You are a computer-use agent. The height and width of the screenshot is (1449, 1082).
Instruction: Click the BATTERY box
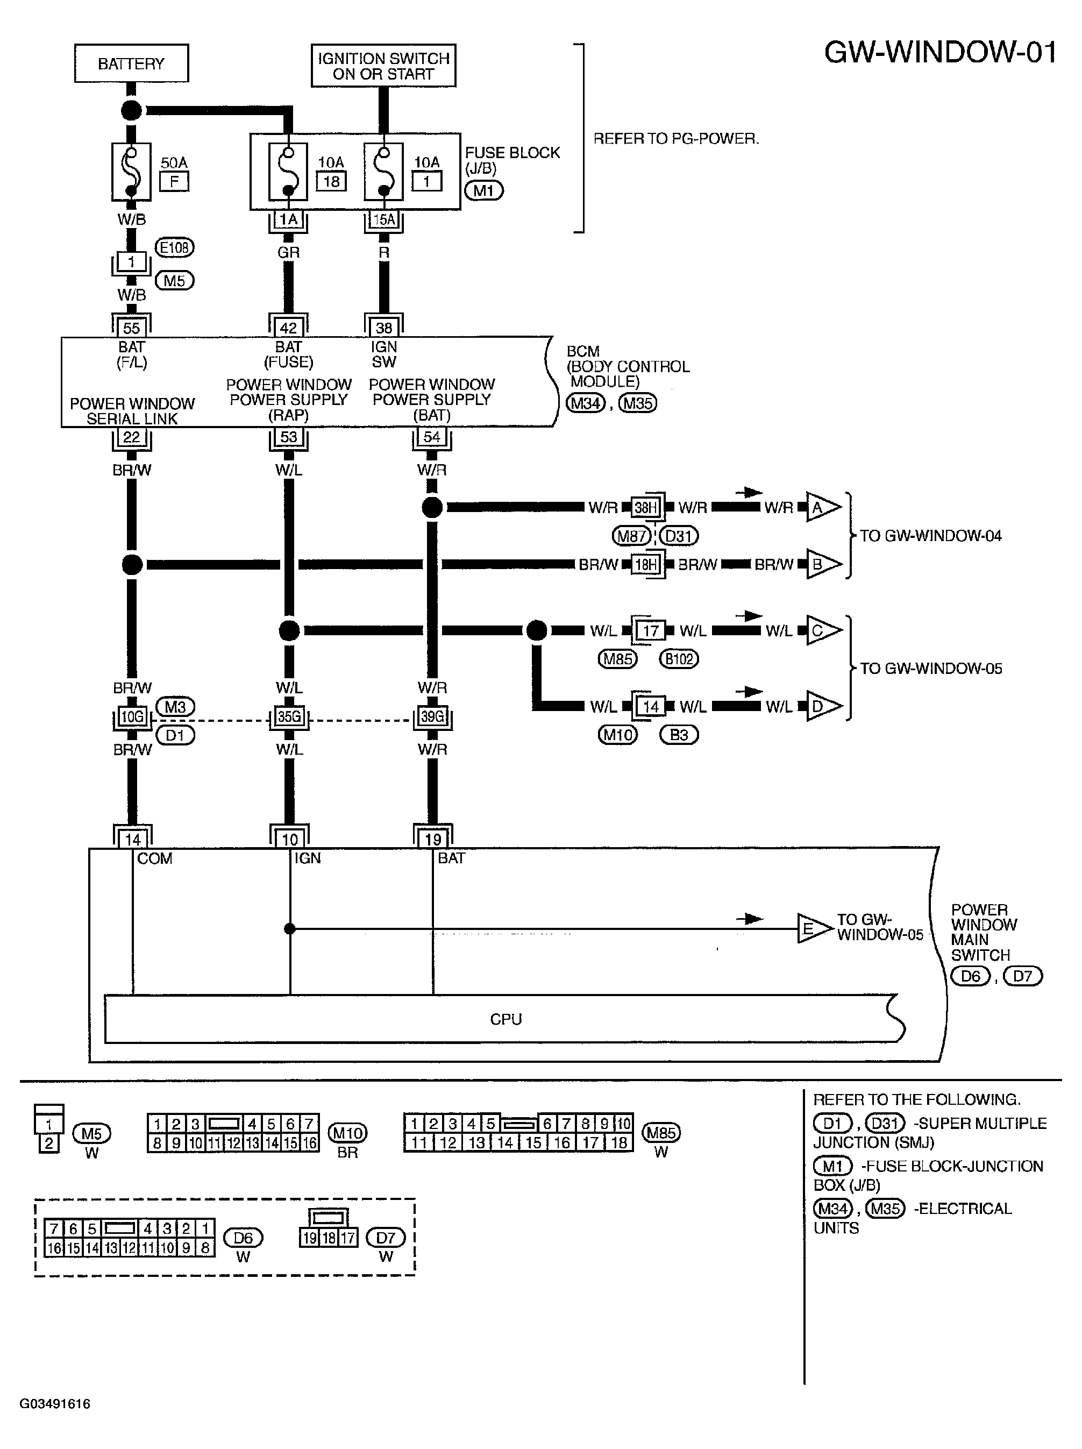[131, 63]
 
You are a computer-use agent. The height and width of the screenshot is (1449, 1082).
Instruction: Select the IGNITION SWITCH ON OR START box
[383, 66]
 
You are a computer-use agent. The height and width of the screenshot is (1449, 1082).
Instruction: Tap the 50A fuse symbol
[132, 172]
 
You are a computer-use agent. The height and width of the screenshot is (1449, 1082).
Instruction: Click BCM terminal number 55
[132, 328]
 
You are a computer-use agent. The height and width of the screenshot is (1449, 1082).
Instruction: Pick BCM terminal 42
[288, 328]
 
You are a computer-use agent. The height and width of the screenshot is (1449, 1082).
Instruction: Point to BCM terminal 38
[384, 328]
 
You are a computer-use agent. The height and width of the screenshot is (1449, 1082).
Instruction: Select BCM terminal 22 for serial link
[132, 437]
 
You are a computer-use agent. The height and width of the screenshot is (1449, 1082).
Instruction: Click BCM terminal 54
[432, 437]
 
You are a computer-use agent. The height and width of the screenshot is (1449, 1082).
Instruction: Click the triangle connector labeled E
[814, 929]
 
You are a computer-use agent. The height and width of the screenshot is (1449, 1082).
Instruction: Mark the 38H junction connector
[646, 508]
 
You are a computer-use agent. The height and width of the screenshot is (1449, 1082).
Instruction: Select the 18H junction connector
[646, 565]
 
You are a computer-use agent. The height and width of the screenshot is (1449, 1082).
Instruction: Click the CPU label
[506, 1019]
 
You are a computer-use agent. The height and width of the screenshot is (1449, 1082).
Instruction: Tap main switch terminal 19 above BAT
[433, 839]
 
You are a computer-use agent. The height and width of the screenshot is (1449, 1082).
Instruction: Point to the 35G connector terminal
[289, 716]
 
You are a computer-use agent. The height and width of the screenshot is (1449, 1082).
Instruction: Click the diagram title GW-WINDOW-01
[941, 52]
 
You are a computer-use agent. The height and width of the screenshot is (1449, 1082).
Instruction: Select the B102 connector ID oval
[679, 659]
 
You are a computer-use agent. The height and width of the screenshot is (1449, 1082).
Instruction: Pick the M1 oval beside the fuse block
[484, 190]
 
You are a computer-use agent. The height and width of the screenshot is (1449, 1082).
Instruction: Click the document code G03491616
[55, 1404]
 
